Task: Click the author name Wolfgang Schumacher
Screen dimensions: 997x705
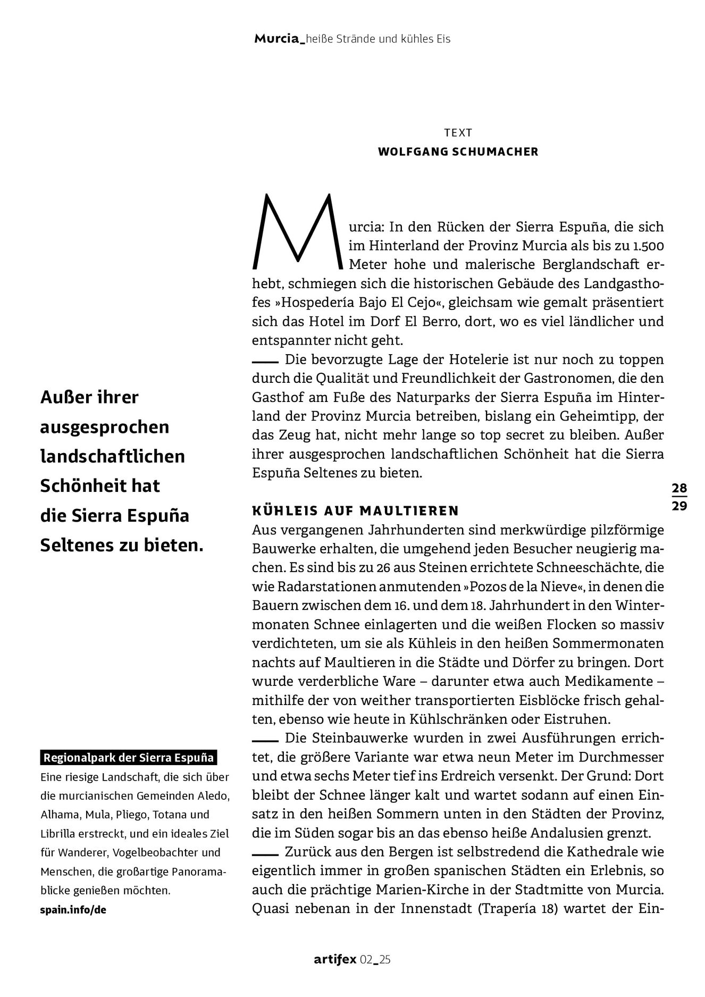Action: (458, 152)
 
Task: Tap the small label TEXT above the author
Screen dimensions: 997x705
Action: (458, 132)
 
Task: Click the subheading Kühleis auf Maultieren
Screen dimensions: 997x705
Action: (355, 511)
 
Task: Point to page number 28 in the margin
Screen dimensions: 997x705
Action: (679, 488)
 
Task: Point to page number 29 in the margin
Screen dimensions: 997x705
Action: (679, 506)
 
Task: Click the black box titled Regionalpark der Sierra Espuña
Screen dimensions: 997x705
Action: (129, 758)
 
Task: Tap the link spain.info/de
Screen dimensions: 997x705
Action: (73, 909)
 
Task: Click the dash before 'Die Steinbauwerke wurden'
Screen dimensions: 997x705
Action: (265, 740)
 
